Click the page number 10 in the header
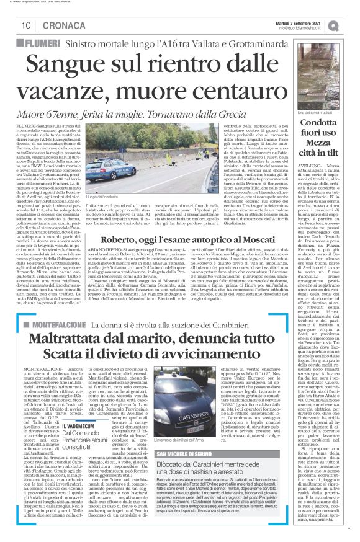tap(27, 25)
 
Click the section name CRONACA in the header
tap(58, 25)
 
